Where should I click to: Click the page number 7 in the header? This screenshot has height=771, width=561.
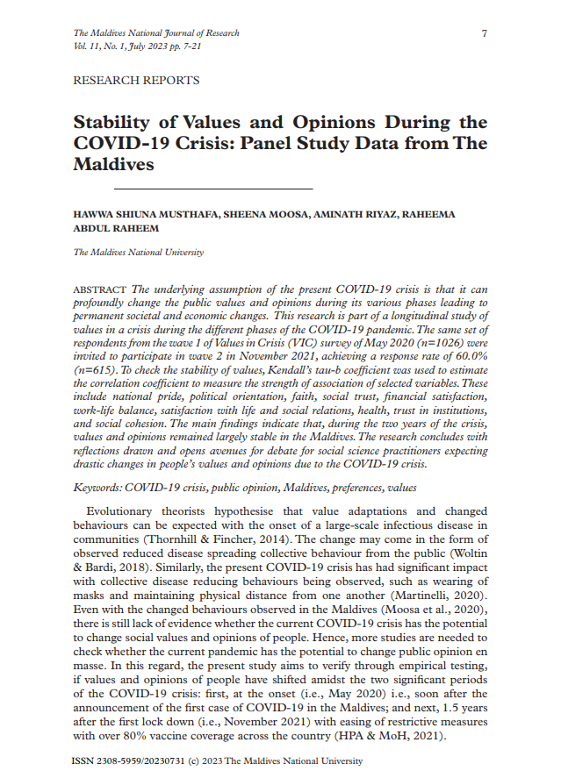484,33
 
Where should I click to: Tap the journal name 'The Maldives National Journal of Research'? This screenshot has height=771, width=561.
156,33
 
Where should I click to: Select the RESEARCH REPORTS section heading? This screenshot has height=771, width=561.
136,81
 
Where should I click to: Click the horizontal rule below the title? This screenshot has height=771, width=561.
213,189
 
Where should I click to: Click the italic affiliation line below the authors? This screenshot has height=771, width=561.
139,253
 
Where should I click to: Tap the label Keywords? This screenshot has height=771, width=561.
97,487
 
